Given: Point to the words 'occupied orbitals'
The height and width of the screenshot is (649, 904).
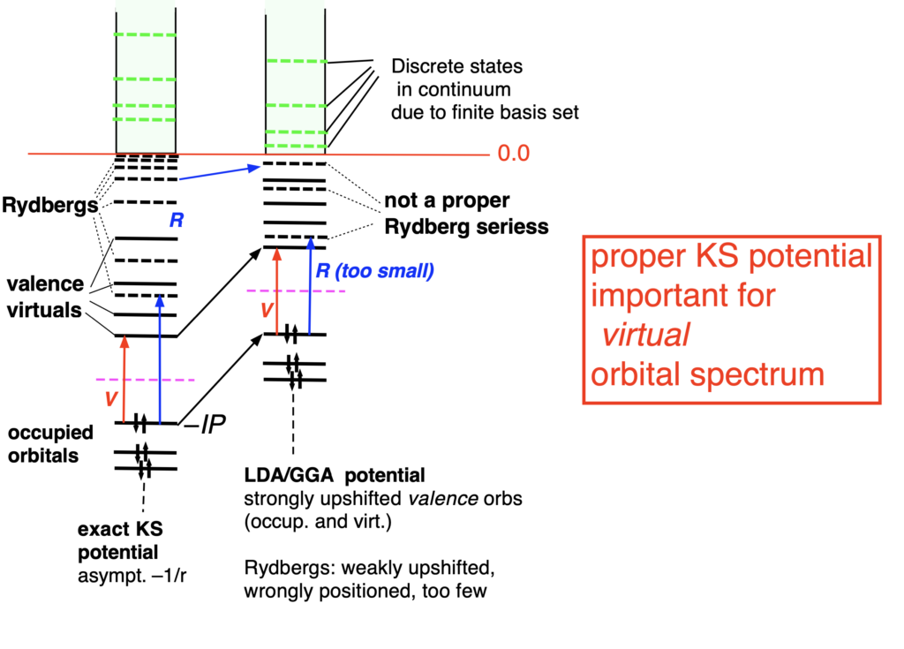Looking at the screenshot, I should [x=50, y=444].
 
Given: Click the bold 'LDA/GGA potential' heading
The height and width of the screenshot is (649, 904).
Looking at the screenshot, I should [x=335, y=477].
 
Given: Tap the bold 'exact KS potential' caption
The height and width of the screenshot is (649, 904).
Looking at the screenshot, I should [x=118, y=542].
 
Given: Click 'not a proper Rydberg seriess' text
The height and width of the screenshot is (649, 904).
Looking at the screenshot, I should [x=466, y=214].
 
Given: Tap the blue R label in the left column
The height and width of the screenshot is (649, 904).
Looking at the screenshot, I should [x=176, y=221].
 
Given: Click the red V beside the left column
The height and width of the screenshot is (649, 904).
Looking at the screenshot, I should [x=109, y=398].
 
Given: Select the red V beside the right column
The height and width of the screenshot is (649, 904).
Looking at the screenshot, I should [x=260, y=311].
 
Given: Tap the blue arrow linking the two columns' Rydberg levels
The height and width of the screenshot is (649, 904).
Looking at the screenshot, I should [x=217, y=172].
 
